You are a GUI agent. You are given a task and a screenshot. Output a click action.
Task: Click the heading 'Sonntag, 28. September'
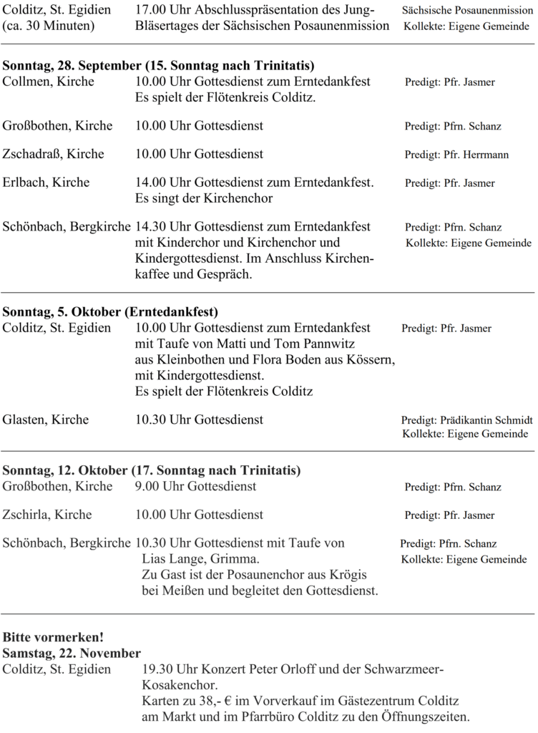(72, 67)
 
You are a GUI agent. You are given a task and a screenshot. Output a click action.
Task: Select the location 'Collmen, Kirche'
(49, 82)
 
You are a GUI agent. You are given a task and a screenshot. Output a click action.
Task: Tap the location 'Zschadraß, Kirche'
(54, 154)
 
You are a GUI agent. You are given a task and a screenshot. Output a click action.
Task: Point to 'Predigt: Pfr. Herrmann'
(457, 155)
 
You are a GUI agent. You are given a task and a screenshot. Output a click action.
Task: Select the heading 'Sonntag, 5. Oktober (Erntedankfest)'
(111, 312)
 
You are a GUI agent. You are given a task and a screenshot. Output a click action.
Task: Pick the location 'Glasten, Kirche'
(46, 419)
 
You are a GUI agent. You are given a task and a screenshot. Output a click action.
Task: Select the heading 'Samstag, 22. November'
(72, 653)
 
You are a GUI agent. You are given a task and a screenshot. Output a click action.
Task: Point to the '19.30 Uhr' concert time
(167, 670)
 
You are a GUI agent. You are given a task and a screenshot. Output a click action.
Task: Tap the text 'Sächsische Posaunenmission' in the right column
(467, 11)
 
